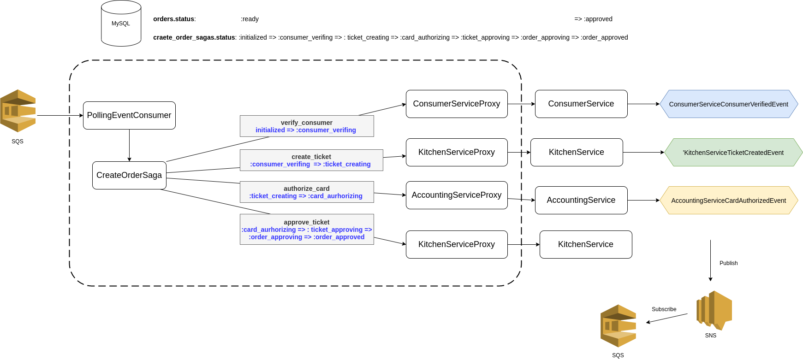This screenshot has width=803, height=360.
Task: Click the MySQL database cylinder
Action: [121, 24]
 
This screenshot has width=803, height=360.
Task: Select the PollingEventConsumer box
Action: [129, 115]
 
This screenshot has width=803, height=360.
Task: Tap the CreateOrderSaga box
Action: [129, 175]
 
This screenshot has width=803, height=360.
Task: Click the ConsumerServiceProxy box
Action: [457, 104]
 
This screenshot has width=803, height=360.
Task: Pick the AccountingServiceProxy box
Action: [457, 195]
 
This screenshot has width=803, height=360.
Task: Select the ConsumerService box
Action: [581, 104]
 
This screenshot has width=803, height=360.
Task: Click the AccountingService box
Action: [581, 200]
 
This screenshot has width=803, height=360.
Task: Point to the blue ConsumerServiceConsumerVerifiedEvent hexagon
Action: [729, 104]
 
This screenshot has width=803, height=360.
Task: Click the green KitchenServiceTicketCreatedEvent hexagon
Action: [733, 153]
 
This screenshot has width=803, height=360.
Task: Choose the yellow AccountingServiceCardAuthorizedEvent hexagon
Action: [729, 201]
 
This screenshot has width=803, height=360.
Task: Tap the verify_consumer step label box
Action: [307, 126]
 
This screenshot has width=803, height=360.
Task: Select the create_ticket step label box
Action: [311, 160]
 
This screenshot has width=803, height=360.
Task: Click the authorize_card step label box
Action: [307, 192]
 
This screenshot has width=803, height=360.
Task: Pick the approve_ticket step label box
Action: [307, 230]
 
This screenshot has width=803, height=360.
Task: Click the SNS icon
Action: [714, 310]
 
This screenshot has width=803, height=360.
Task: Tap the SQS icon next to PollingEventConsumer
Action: [18, 111]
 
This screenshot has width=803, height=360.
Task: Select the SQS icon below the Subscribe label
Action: [618, 326]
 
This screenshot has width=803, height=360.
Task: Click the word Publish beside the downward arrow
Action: [728, 263]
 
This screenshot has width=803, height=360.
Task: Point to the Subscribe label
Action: [664, 309]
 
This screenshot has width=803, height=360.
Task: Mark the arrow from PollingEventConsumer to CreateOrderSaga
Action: [129, 145]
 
